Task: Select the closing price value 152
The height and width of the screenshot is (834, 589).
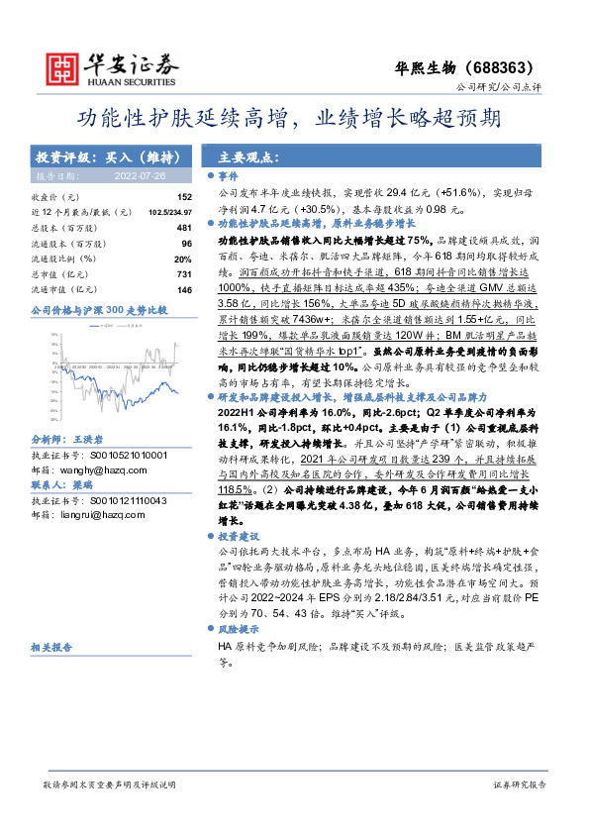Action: (184, 198)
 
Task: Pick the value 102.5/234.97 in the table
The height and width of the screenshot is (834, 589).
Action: (168, 213)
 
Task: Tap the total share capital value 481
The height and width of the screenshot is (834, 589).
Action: (183, 228)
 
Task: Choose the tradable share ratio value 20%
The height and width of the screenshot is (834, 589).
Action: (183, 259)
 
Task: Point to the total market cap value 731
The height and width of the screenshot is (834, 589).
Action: (183, 273)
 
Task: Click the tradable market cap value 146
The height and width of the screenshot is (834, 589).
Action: (183, 289)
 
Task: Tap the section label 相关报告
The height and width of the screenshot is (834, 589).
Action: (50, 647)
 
